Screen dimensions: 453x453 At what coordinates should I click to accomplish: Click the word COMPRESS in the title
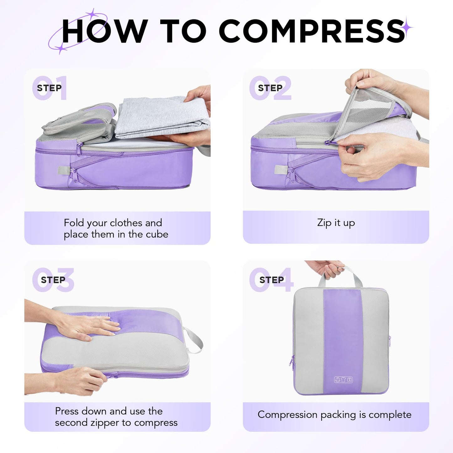[x=312, y=31]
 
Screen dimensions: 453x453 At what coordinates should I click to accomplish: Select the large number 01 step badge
[x=50, y=88]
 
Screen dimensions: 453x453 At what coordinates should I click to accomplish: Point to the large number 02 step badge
[x=271, y=88]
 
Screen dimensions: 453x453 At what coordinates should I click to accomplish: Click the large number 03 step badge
[x=53, y=280]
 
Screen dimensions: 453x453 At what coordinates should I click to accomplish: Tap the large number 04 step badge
[x=271, y=280]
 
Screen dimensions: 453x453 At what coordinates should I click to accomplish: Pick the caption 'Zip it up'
[x=336, y=223]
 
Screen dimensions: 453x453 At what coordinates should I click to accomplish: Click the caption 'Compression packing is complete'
[x=334, y=415]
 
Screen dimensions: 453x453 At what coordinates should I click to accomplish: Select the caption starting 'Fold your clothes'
[x=116, y=229]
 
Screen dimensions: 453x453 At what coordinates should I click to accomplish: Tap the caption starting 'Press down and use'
[x=116, y=417]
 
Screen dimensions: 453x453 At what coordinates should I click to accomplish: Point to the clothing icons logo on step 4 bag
[x=343, y=380]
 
